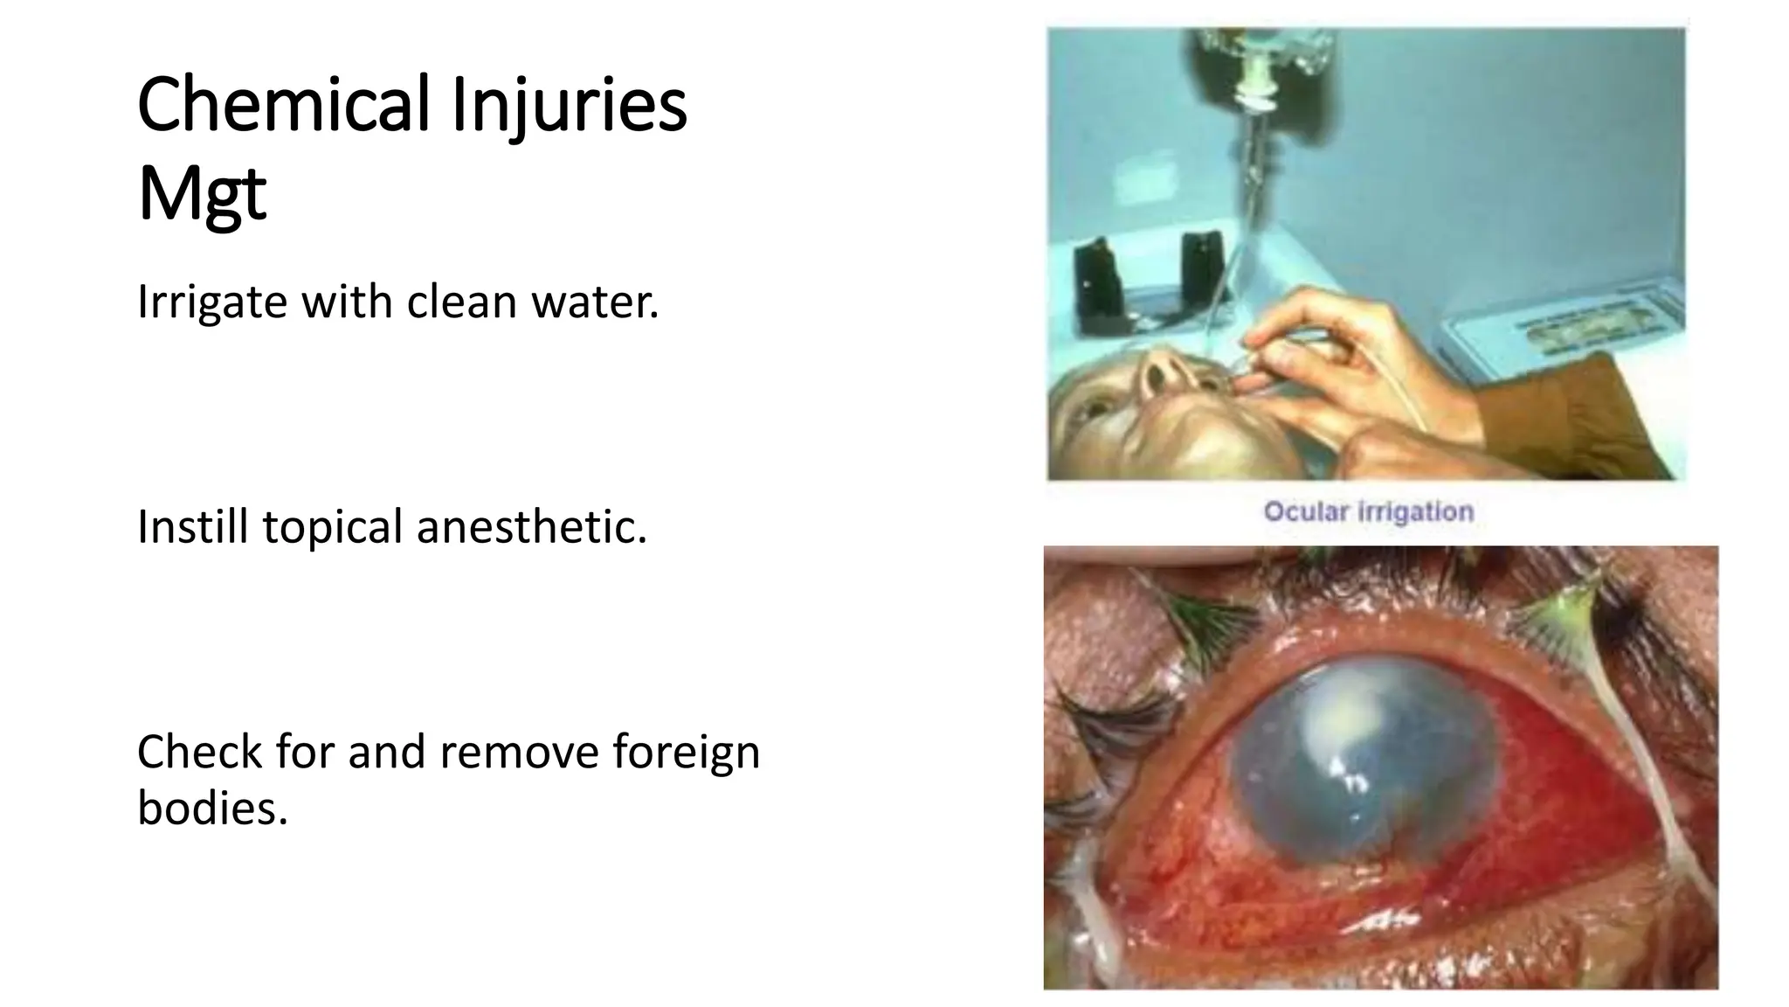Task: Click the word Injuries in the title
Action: pyautogui.click(x=569, y=107)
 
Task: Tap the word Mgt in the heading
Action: pyautogui.click(x=201, y=195)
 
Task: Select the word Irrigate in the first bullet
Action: pyautogui.click(x=212, y=302)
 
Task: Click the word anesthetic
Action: pyautogui.click(x=531, y=527)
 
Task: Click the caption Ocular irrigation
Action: pyautogui.click(x=1368, y=511)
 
